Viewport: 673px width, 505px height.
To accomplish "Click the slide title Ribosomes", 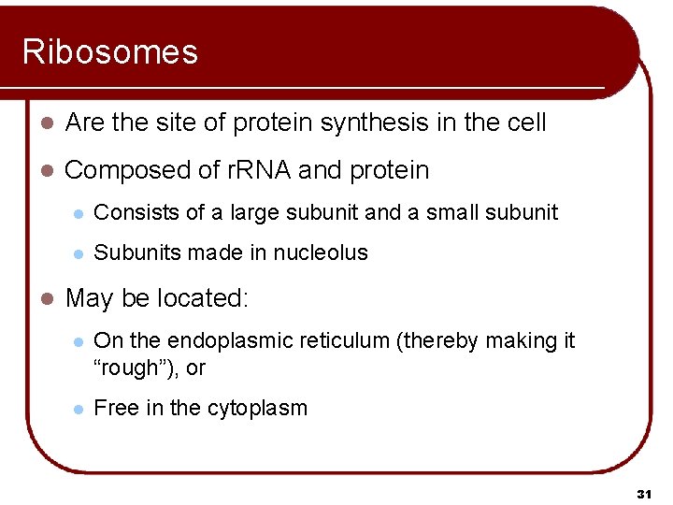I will pyautogui.click(x=110, y=51).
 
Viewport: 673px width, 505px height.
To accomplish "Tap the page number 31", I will pyautogui.click(x=643, y=493).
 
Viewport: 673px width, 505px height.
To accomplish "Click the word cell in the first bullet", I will pyautogui.click(x=526, y=123).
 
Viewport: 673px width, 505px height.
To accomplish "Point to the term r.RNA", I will pyautogui.click(x=259, y=170).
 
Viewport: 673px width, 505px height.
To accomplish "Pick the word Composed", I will pyautogui.click(x=121, y=170).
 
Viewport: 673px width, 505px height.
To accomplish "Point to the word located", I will pyautogui.click(x=203, y=298).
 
